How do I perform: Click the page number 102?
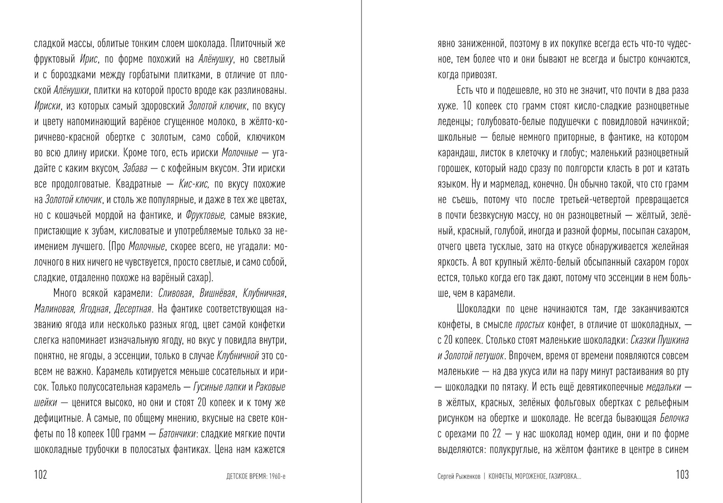pyautogui.click(x=41, y=475)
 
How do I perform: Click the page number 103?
pyautogui.click(x=682, y=475)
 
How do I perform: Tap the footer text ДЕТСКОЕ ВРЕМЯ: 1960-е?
pyautogui.click(x=256, y=476)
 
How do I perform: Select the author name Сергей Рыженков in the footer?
pyautogui.click(x=458, y=476)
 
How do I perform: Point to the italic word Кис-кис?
pyautogui.click(x=194, y=184)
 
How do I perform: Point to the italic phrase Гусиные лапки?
pyautogui.click(x=219, y=387)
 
